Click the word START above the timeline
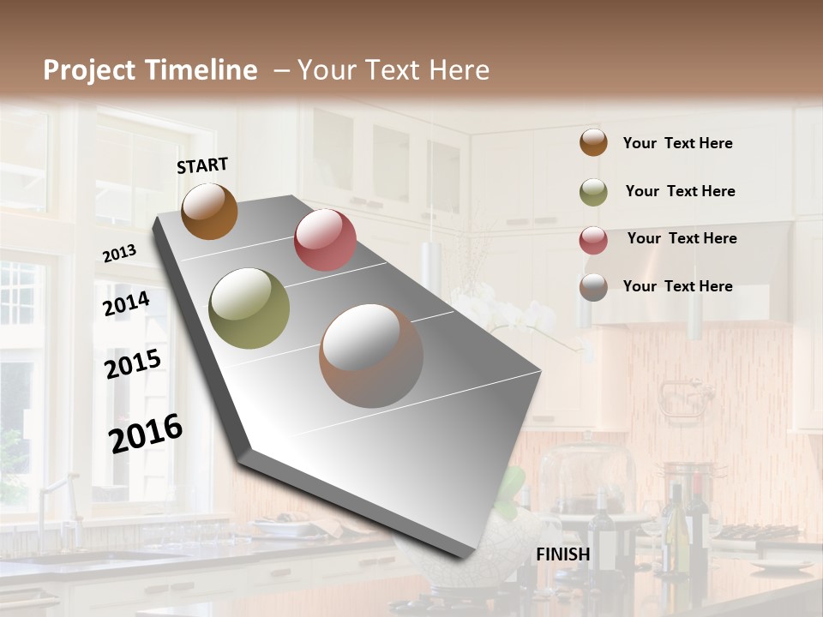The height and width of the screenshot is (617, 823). click(x=202, y=165)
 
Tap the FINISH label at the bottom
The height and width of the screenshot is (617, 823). click(x=562, y=554)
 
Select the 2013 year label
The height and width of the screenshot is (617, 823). click(x=119, y=253)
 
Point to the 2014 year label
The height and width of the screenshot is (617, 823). click(x=126, y=304)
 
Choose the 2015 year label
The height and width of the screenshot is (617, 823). click(x=133, y=364)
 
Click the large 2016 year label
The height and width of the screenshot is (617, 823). click(x=146, y=433)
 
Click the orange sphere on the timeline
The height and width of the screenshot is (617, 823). click(x=209, y=212)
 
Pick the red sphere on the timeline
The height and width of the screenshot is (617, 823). click(x=325, y=240)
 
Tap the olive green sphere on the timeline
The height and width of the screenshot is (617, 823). click(x=249, y=308)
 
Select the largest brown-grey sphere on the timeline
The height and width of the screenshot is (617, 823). click(x=371, y=356)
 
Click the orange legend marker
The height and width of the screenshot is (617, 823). click(x=593, y=142)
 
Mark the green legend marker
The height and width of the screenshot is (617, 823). click(x=593, y=192)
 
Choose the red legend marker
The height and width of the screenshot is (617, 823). click(x=593, y=240)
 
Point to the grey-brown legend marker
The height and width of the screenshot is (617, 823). click(x=593, y=287)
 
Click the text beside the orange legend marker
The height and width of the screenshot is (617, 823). click(x=677, y=143)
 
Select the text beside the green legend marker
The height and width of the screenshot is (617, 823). click(x=680, y=191)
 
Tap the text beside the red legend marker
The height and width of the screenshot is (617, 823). click(x=682, y=238)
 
